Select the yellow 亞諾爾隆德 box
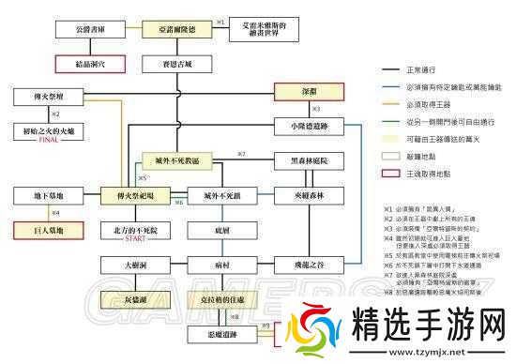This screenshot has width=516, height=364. coord(173,31)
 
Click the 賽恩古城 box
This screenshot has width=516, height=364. coord(173,66)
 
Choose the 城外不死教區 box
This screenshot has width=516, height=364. coord(173,161)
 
